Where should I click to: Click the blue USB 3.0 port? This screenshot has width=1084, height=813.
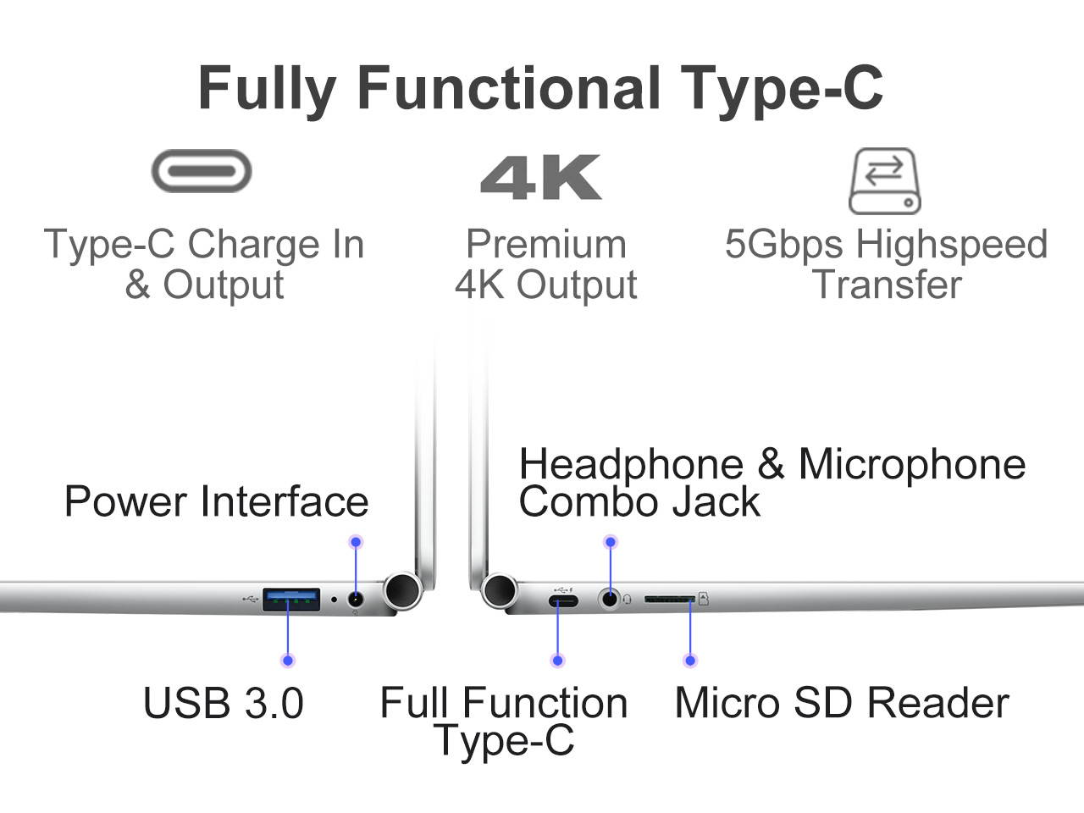pos(290,600)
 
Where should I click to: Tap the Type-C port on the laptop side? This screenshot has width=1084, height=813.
pos(562,601)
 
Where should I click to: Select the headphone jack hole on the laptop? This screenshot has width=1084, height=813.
pos(609,599)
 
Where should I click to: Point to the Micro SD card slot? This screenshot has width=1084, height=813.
pos(669,599)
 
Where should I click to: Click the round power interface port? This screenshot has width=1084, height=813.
pos(356,599)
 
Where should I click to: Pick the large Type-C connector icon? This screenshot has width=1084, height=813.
pos(202,171)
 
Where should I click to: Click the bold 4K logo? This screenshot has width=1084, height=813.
pos(541,177)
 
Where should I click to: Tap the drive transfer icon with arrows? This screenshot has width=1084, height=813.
pos(884,180)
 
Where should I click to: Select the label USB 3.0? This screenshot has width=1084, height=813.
pos(224,703)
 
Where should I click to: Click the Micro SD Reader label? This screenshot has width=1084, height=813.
pos(841,703)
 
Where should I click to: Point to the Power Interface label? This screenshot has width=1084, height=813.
pos(216,501)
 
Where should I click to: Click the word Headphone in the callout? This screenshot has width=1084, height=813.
pos(631,464)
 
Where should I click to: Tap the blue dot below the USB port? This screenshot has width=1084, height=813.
pos(288,661)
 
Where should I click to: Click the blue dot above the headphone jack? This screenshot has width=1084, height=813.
pos(610,542)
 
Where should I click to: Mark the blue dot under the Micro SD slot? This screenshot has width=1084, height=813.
pos(690,661)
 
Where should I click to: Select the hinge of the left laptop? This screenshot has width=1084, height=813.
pos(402,590)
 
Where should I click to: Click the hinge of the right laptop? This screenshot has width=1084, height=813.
pos(500,590)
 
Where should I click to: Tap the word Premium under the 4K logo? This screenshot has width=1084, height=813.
pos(546,244)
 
